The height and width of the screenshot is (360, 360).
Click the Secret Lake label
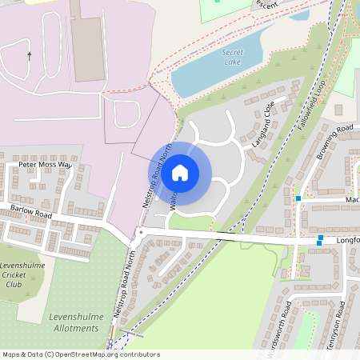pyautogui.click(x=232, y=57)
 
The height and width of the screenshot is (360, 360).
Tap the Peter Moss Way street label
pyautogui.click(x=45, y=165)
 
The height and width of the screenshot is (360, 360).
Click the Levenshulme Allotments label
pyautogui.click(x=73, y=322)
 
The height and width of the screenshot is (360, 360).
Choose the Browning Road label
pyautogui.click(x=334, y=142)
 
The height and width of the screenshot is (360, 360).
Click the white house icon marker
pyautogui.click(x=179, y=172)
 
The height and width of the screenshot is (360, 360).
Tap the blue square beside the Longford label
pyautogui.click(x=320, y=238)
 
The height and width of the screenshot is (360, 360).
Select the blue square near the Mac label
pyautogui.click(x=298, y=198)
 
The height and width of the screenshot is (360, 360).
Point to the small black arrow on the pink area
pyautogui.click(x=30, y=56)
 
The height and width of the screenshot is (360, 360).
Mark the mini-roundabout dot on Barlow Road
pyautogui.click(x=139, y=231)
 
